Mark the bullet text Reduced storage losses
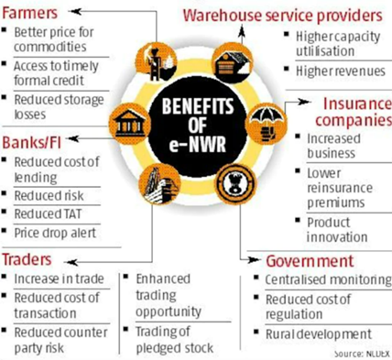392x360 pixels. (x=56, y=105)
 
